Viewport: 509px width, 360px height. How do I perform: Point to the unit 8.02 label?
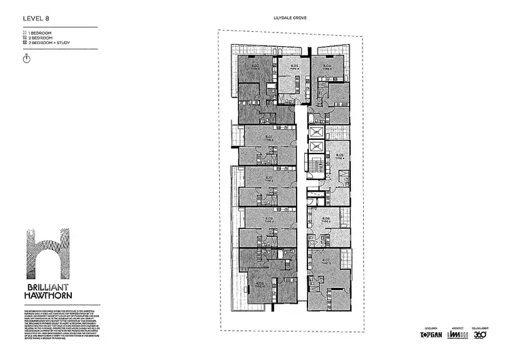(259, 66)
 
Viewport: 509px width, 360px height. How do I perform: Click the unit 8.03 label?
(295, 66)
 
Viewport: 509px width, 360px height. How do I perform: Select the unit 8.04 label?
(327, 66)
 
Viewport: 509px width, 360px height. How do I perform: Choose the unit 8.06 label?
(326, 218)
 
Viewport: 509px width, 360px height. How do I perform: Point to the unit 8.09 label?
(269, 218)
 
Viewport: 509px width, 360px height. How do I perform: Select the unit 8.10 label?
(269, 178)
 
